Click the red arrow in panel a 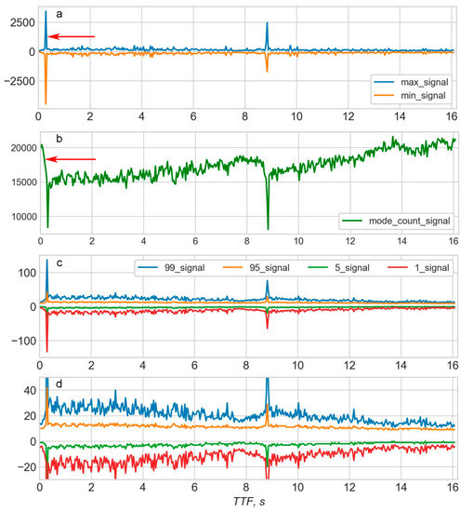click(72, 36)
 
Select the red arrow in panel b click(72, 159)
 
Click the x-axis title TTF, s click(244, 503)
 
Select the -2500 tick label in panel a click(16, 82)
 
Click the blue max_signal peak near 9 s click(267, 23)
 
